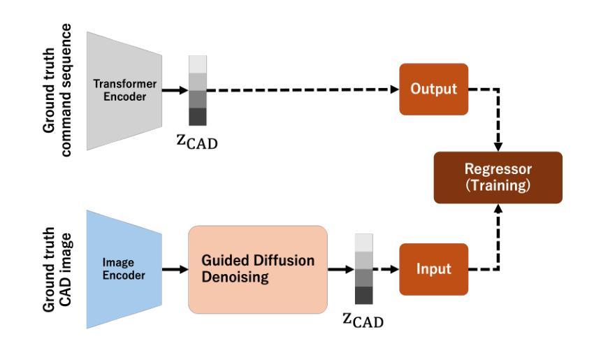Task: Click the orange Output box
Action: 433,89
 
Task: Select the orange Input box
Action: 433,269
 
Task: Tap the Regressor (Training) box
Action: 498,178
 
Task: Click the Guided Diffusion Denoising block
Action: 258,270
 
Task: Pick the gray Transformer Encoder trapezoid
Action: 124,91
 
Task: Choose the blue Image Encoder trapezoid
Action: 124,269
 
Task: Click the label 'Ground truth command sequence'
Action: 57,90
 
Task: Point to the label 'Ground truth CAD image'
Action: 57,270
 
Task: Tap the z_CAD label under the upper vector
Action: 197,141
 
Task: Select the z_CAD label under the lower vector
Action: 363,319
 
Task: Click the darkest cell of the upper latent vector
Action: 198,117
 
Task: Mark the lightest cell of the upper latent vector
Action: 198,64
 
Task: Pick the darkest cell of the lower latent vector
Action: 363,296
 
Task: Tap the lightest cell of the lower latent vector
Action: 363,243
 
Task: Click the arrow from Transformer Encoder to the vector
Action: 175,91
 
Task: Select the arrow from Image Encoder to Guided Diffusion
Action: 175,269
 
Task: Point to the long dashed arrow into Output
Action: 303,89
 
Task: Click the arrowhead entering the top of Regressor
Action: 498,147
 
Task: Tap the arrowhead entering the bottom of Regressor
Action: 498,208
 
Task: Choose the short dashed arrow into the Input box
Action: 386,269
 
